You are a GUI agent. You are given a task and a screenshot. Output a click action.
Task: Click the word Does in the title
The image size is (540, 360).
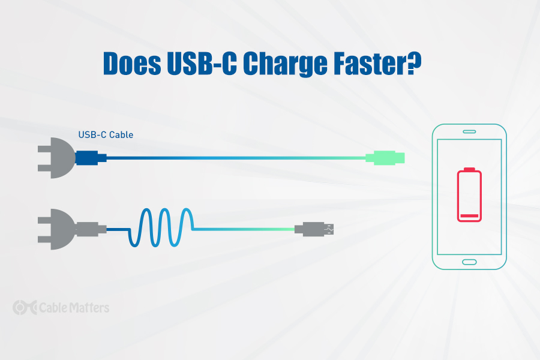pos(132,63)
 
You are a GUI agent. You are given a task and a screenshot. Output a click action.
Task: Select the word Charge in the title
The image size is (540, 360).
pos(285,64)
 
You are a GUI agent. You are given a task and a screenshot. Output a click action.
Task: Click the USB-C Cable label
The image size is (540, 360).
pos(106,134)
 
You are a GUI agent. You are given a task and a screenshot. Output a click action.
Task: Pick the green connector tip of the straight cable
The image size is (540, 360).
pos(385,158)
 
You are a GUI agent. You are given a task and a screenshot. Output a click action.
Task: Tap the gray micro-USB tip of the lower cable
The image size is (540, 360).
pos(314,229)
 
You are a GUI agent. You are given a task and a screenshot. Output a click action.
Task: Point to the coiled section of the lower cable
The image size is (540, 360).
pos(161,227)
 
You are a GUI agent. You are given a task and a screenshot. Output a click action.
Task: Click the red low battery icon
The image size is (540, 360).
pos(469,194)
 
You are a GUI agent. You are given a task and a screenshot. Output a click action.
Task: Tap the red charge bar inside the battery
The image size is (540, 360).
pos(469,216)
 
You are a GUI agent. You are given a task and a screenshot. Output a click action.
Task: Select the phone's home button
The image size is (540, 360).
pos(469,262)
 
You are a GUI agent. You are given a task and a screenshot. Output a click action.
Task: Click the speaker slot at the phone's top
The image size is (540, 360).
pos(469,131)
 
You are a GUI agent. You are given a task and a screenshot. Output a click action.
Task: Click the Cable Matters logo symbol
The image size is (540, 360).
pos(25,307)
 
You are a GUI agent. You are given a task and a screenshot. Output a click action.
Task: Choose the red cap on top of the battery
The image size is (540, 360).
pos(469,169)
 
